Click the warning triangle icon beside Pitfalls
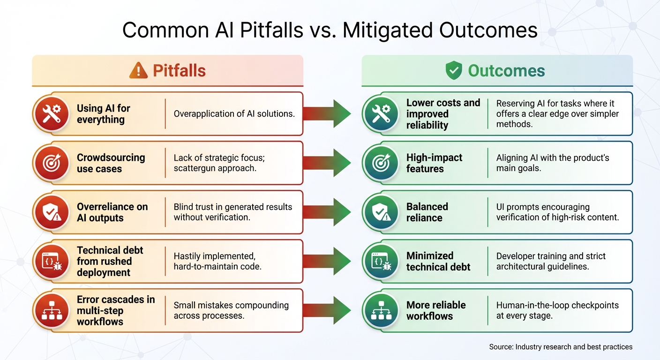pyautogui.click(x=138, y=71)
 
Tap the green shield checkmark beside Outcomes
pyautogui.click(x=453, y=71)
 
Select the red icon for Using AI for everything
pyautogui.click(x=51, y=114)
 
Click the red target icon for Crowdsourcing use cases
pyautogui.click(x=51, y=163)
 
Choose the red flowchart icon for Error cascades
pyautogui.click(x=51, y=311)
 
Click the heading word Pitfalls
pyautogui.click(x=179, y=71)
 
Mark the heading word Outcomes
pyautogui.click(x=506, y=71)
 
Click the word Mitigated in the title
pyautogui.click(x=391, y=30)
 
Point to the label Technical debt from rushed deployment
pyautogui.click(x=110, y=262)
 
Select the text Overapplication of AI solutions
pyautogui.click(x=234, y=114)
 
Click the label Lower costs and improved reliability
pyautogui.click(x=443, y=114)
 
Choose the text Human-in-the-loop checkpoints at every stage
pyautogui.click(x=557, y=310)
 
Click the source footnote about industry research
pyautogui.click(x=561, y=347)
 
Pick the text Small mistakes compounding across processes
pyautogui.click(x=231, y=310)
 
